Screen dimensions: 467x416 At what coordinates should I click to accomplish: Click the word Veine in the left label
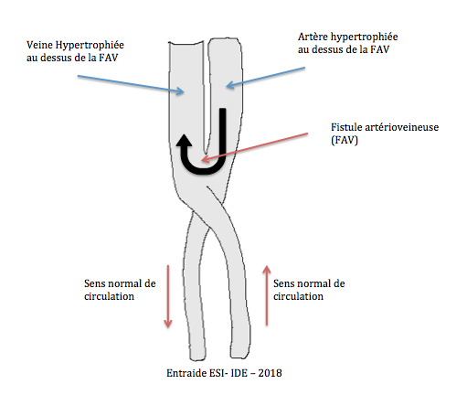39,45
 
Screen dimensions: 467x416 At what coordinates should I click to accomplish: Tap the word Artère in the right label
313,37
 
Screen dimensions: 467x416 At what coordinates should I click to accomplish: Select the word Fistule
346,127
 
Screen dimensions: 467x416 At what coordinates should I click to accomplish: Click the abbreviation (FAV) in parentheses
345,140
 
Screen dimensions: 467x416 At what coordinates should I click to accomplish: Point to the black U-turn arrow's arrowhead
184,141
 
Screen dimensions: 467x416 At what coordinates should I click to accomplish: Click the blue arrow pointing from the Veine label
131,84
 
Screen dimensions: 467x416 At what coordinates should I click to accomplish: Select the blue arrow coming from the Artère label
265,78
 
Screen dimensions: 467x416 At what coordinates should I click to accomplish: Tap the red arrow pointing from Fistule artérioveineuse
254,147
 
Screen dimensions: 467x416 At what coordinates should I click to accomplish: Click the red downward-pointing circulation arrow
168,296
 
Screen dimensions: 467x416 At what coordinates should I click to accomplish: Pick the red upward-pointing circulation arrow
267,295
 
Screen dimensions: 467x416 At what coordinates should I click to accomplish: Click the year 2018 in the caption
270,373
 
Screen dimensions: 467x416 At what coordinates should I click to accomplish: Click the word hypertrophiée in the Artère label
365,37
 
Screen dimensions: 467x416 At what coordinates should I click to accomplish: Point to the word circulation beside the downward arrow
109,296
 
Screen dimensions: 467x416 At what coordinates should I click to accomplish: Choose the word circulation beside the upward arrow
298,296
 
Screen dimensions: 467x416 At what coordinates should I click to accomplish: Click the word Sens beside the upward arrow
284,283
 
